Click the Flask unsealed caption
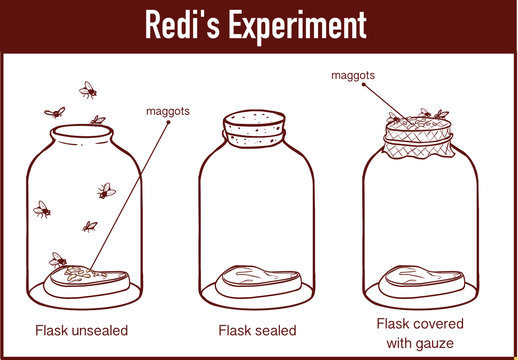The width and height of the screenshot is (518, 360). pos(81,329)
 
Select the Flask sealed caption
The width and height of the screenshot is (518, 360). pos(256,329)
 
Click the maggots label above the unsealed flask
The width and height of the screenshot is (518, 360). pos(168,110)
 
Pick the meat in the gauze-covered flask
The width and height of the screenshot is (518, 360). pos(420,279)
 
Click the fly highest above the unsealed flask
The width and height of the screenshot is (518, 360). pos(88,90)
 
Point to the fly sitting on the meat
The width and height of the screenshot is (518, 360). pos(59,260)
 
